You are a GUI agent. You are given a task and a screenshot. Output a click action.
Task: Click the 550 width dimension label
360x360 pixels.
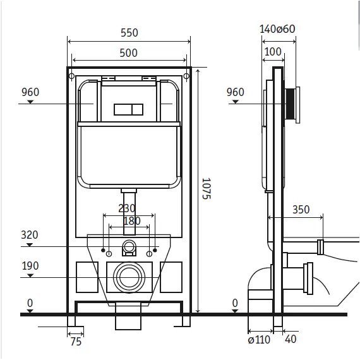tap(129, 33)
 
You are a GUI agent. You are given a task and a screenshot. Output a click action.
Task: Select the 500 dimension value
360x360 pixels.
tap(129, 53)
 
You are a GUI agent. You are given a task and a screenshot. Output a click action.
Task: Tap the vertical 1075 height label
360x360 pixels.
tap(206, 188)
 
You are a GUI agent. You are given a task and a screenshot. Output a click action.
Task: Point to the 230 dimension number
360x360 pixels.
tap(127, 208)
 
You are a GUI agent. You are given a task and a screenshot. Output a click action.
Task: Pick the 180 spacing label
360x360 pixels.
tap(132, 221)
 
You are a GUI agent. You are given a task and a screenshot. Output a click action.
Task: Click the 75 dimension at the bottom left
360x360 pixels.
tap(76, 342)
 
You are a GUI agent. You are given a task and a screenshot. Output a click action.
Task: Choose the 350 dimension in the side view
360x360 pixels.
tap(301, 210)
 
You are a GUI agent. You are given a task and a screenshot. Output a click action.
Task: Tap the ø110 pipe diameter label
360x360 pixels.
tap(259, 340)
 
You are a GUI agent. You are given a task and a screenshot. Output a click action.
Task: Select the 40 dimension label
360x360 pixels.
tap(291, 339)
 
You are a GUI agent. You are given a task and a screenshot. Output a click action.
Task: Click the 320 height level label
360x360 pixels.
tap(30, 235)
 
